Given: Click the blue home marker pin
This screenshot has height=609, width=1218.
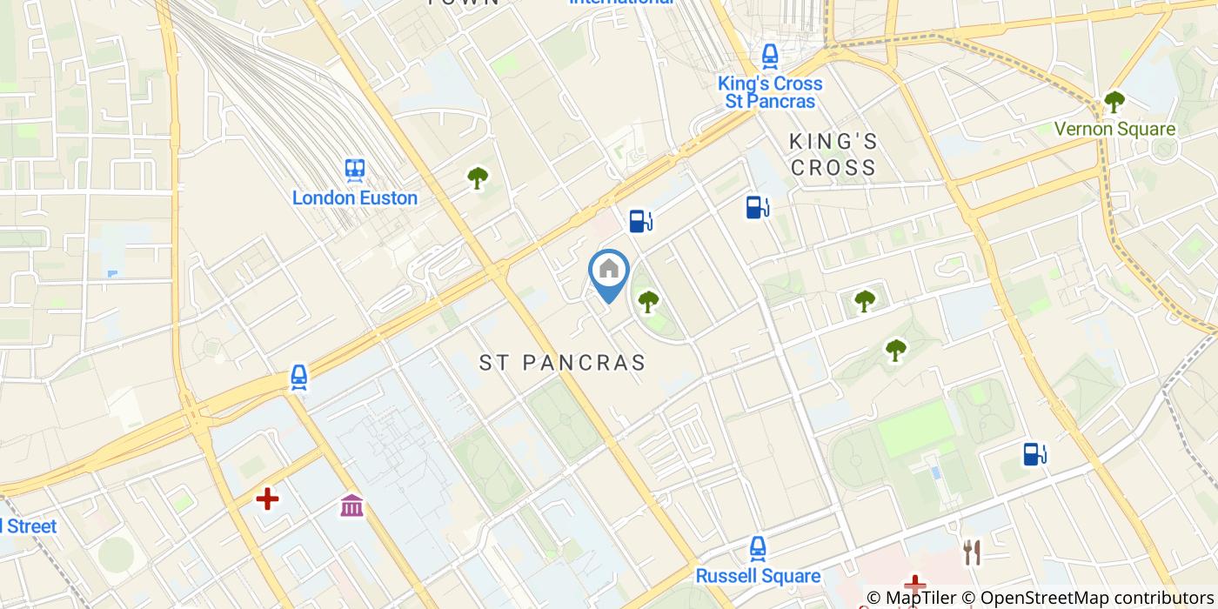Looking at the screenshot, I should click(x=609, y=271).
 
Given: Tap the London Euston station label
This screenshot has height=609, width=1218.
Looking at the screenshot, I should click(x=354, y=198).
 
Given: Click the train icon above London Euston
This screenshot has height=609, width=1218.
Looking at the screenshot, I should click(x=354, y=169).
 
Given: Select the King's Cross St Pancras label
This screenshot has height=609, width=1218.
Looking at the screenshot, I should click(x=770, y=92).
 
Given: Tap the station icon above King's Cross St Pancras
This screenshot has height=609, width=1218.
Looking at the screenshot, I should click(x=770, y=57).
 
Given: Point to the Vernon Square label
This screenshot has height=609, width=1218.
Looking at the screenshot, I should click(x=1114, y=130).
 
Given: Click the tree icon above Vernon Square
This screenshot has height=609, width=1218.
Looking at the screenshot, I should click(x=1114, y=102).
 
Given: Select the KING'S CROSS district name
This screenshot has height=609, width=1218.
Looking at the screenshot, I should click(x=833, y=154).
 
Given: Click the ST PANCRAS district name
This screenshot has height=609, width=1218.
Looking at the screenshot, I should click(x=563, y=363).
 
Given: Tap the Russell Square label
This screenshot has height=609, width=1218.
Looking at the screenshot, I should click(x=758, y=576).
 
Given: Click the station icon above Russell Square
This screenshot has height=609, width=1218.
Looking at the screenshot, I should click(x=758, y=548).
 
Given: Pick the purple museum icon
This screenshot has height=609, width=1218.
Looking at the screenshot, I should click(x=352, y=505).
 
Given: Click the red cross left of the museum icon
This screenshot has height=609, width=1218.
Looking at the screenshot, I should click(x=267, y=499).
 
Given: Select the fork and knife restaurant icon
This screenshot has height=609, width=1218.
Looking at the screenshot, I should click(x=972, y=552).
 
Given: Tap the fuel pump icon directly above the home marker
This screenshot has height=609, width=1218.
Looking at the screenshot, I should click(x=640, y=221).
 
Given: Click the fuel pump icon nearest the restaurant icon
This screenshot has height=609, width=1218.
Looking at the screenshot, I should click(x=1034, y=453).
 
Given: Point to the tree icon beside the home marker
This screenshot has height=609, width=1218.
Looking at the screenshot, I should click(x=648, y=302).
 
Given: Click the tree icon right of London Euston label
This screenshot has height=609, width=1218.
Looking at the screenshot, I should click(x=478, y=178).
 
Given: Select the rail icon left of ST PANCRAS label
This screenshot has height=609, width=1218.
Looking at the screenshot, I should click(x=299, y=378).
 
